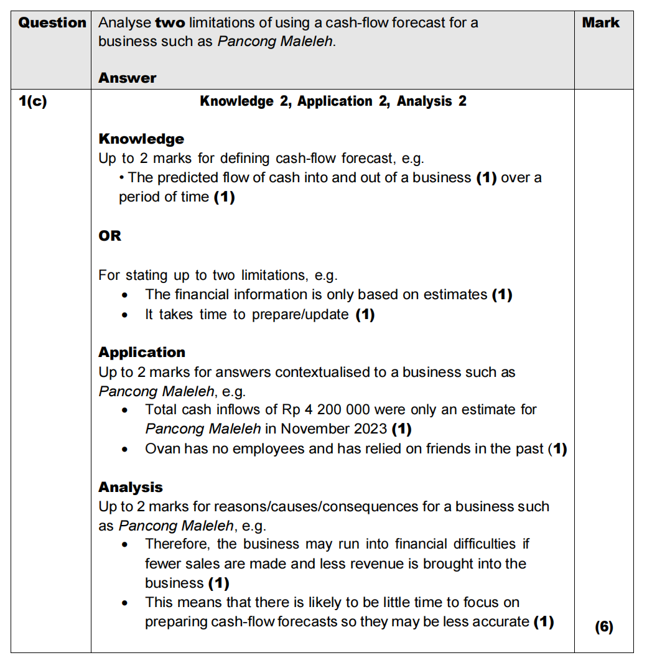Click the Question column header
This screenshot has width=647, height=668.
52,23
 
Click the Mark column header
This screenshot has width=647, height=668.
600,23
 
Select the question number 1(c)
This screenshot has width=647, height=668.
32,101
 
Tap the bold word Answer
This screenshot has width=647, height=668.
127,78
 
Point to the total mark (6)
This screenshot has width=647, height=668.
603,627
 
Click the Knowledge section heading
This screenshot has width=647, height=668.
141,139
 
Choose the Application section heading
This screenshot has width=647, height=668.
142,352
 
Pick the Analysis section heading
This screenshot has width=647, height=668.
131,487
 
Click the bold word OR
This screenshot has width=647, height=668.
109,236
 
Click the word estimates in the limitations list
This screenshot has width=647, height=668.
455,294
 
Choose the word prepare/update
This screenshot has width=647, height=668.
300,314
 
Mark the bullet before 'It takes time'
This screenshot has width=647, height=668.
126,315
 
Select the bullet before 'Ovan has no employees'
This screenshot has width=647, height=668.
126,450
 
